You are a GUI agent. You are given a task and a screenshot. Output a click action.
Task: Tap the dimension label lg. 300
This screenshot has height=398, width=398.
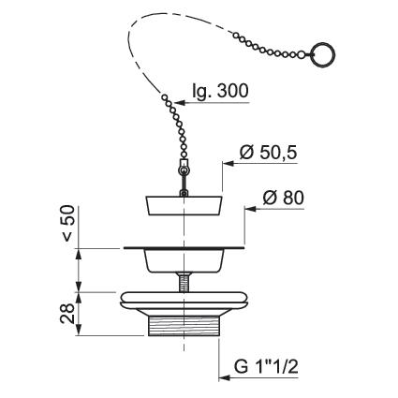pos(220,91)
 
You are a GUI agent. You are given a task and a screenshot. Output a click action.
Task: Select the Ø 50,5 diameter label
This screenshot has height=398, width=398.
pos(268,153)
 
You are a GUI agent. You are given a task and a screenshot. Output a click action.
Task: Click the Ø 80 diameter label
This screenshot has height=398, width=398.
pos(283,198)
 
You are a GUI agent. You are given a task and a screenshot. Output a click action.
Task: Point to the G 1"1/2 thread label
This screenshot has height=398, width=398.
pos(266,366)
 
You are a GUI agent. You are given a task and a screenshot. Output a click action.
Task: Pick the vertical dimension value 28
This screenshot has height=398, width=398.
pos(67,313)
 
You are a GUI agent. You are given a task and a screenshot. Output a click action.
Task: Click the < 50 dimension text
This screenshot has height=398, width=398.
pos(67,223)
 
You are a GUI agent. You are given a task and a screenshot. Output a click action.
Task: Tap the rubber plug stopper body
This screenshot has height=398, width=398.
pos(184,205)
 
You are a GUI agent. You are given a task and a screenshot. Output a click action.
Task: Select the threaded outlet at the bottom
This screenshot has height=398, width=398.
pos(184,326)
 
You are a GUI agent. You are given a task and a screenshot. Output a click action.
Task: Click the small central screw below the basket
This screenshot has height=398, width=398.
pos(184,282)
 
